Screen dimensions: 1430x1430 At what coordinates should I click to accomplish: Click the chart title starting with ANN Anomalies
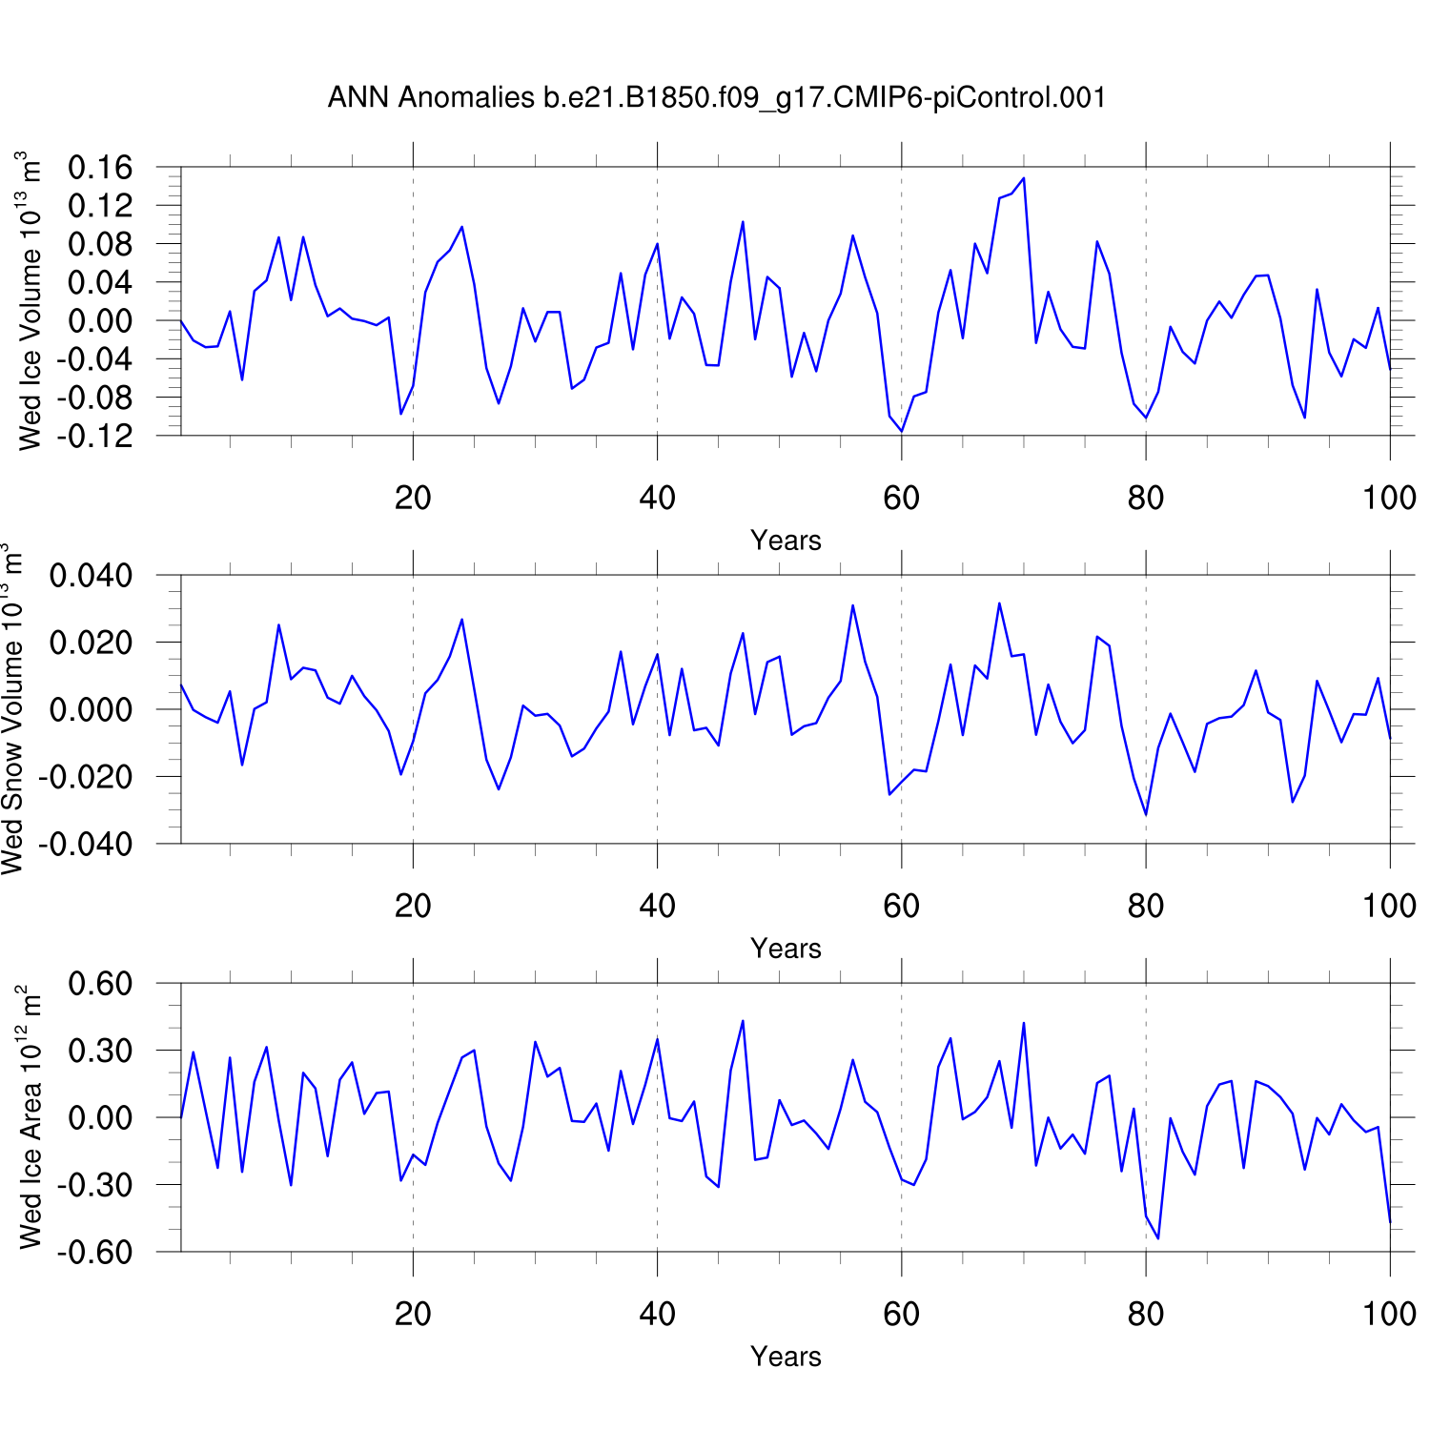[717, 97]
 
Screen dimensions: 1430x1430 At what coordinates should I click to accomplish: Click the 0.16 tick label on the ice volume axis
[100, 168]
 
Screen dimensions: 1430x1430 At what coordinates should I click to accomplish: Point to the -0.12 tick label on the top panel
[95, 436]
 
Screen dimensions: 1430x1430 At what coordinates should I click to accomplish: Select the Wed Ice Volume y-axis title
[31, 300]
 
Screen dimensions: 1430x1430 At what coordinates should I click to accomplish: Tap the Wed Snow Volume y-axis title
[12, 708]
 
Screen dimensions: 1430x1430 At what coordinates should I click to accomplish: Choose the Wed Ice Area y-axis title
[31, 1116]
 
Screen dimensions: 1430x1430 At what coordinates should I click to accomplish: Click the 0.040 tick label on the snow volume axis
[91, 576]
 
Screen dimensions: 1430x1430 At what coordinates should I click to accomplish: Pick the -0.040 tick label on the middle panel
[86, 844]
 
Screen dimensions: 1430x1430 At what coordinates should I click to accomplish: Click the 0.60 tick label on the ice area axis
[100, 984]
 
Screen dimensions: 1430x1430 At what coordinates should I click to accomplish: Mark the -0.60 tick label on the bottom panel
[95, 1252]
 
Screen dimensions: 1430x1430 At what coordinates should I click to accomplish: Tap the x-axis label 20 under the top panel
[413, 497]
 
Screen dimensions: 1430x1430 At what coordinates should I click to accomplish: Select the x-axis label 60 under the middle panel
[901, 905]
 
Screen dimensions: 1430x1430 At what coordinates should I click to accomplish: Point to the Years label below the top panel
[786, 541]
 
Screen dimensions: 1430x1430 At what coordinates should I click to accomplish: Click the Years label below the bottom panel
[786, 1357]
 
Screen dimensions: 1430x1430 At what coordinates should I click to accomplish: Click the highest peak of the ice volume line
[1024, 178]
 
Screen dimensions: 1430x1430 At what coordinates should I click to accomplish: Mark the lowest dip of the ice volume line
[902, 431]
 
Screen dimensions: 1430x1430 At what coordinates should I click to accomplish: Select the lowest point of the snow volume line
[1146, 814]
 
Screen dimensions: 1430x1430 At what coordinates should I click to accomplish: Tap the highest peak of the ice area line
[743, 1021]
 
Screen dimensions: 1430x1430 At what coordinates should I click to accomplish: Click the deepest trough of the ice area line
[1158, 1238]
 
